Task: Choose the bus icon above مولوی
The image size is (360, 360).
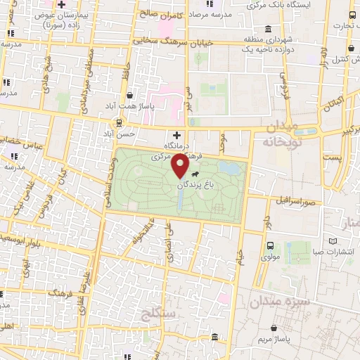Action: click(270, 246)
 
